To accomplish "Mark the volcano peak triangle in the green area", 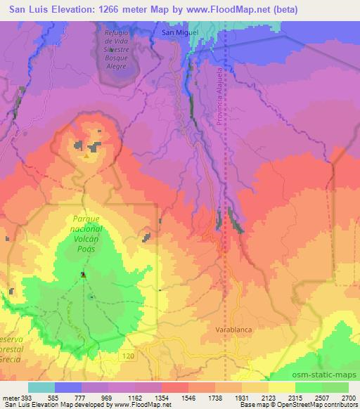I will coord(83,275).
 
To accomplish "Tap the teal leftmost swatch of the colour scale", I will coord(41,387).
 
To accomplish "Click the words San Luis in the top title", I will coord(27,9).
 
